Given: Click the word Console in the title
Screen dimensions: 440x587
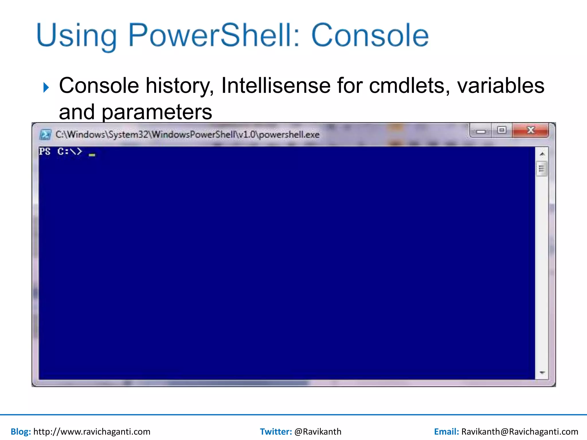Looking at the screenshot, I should click(x=370, y=36).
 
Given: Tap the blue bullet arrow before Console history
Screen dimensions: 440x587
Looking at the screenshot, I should click(x=46, y=87).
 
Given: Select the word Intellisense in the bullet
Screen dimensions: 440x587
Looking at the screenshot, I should click(x=276, y=86).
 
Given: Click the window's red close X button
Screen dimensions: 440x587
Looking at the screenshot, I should click(x=531, y=130).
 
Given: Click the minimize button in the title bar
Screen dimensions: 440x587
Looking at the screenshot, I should click(x=481, y=131).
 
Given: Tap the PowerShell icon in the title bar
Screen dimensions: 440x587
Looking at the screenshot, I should click(x=45, y=135).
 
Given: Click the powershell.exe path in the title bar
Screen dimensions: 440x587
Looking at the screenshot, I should click(x=187, y=135).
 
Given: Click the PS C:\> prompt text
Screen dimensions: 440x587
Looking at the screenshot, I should click(x=60, y=151).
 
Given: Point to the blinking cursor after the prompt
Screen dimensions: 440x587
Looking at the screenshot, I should click(x=92, y=155).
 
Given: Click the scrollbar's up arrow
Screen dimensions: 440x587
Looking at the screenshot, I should click(x=542, y=154).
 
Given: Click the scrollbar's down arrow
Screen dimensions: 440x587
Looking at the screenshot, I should click(x=542, y=373).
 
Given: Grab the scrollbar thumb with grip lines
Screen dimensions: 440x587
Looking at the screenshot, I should click(x=541, y=169).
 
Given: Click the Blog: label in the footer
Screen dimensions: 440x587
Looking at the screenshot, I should click(x=21, y=431).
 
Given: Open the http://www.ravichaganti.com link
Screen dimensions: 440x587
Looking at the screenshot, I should click(x=92, y=431).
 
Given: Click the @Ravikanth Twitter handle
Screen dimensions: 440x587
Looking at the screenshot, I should click(x=318, y=431).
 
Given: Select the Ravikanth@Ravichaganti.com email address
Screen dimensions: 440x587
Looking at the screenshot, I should click(x=519, y=431).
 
